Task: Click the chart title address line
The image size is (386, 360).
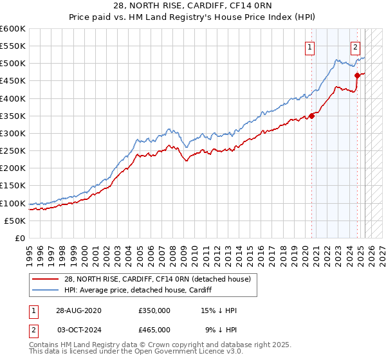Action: point(192,7)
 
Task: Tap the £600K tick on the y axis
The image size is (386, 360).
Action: point(12,29)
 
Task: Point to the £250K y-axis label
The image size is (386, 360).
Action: point(12,150)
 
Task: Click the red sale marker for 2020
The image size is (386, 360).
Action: point(312,116)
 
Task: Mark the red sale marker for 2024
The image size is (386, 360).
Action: point(357,76)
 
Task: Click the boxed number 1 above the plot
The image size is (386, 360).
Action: point(310,46)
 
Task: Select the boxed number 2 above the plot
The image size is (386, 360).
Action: point(355,46)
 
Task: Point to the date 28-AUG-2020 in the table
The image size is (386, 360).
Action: point(78,310)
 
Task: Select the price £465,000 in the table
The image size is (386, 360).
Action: point(154,329)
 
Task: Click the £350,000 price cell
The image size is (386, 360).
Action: point(154,310)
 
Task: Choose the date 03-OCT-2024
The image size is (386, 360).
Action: point(78,329)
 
